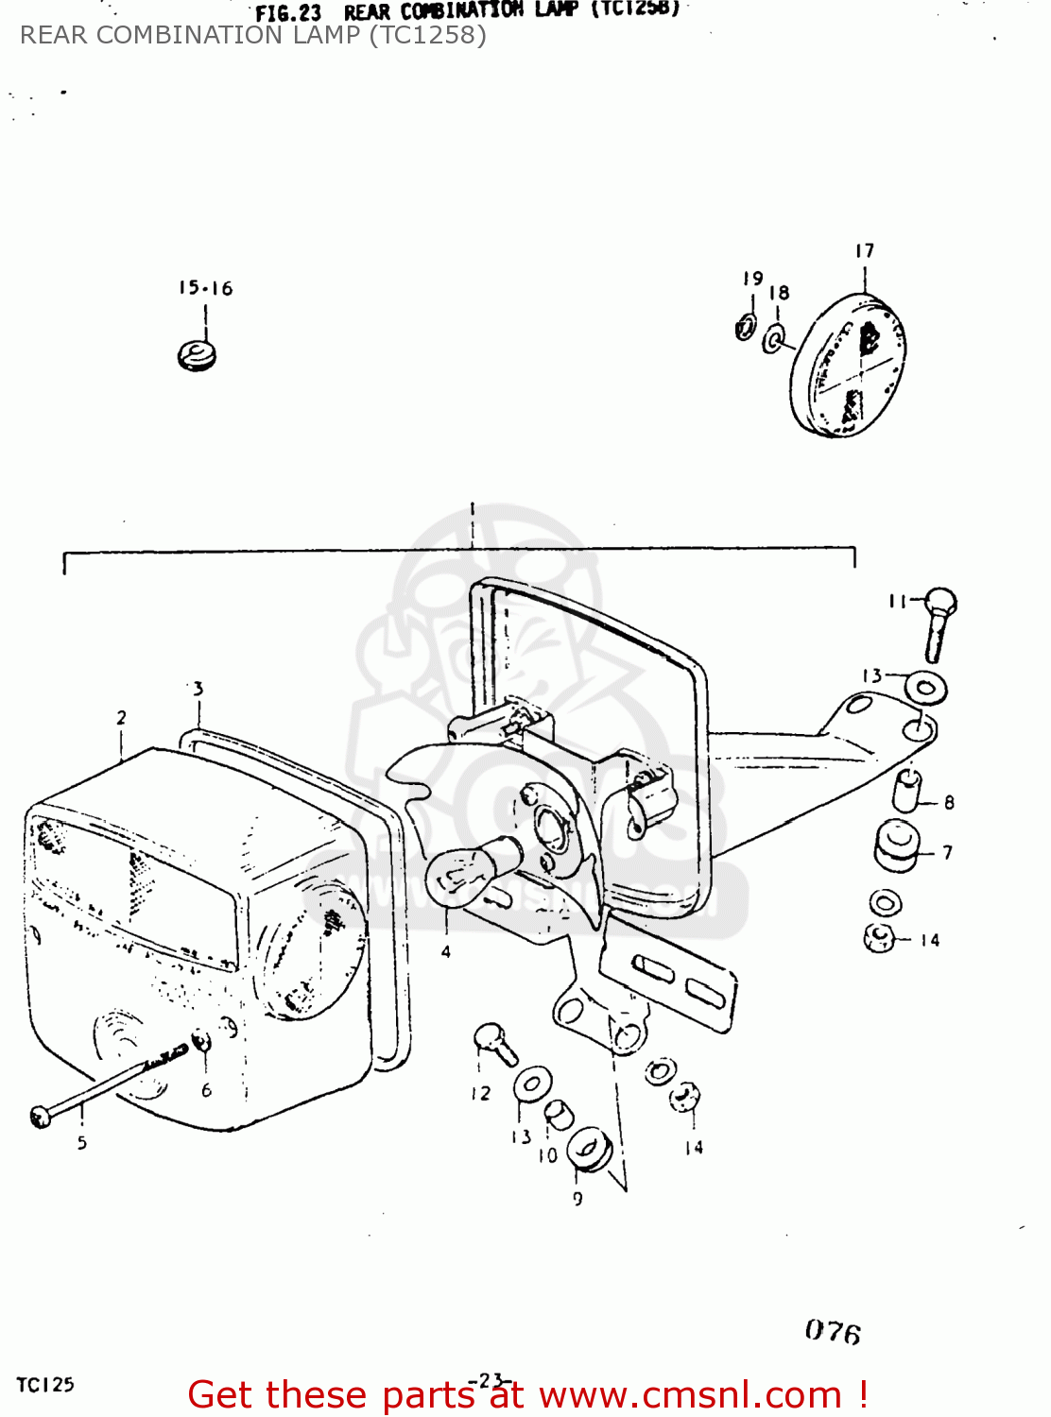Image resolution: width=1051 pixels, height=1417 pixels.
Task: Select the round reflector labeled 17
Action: [848, 365]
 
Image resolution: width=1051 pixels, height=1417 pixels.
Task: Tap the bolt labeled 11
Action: [939, 623]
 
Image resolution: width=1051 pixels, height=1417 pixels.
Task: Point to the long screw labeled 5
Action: [104, 1086]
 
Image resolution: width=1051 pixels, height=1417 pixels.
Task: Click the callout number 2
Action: [121, 718]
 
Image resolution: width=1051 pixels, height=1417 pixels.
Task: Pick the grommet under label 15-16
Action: [197, 355]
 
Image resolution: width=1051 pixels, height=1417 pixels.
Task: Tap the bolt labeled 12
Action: [494, 1043]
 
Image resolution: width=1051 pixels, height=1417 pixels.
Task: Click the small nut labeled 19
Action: [746, 328]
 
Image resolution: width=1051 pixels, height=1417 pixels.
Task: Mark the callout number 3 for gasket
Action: [198, 689]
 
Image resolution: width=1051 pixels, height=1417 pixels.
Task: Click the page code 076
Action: [833, 1331]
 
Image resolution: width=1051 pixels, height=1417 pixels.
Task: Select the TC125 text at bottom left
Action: [44, 1385]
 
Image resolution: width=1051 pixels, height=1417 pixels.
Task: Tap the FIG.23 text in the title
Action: [288, 13]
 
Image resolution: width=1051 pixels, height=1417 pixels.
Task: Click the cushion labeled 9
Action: [590, 1149]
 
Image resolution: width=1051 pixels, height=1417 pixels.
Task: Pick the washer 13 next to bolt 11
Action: [926, 687]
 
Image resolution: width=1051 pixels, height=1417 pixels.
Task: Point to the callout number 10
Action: [547, 1155]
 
